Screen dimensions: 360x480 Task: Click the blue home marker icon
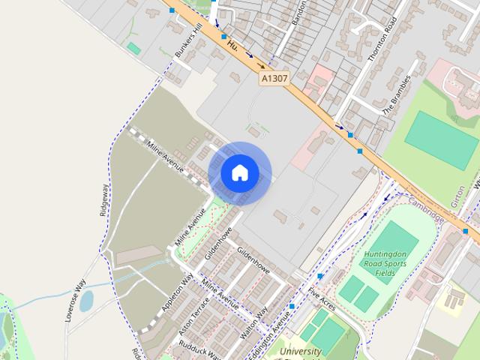[239, 172]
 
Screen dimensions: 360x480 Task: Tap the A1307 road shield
[274, 78]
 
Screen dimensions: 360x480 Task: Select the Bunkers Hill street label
[189, 40]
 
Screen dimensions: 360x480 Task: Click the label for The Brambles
[397, 95]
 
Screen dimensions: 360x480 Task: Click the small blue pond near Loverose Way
[86, 301]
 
